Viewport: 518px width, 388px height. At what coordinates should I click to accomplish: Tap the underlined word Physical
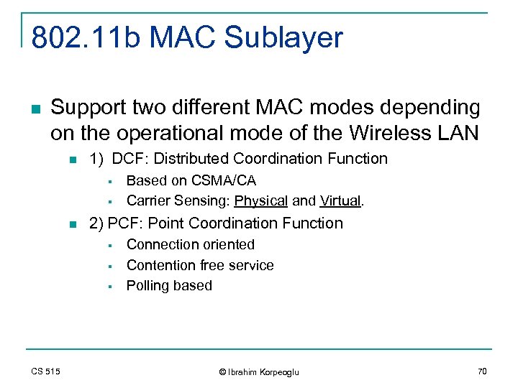(261, 200)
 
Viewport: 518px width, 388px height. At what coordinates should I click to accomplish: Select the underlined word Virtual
(340, 200)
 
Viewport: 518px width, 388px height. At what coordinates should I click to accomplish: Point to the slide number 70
(482, 371)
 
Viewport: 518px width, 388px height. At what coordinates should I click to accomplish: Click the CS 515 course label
(45, 371)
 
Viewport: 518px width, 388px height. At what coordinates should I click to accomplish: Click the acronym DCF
(126, 159)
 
